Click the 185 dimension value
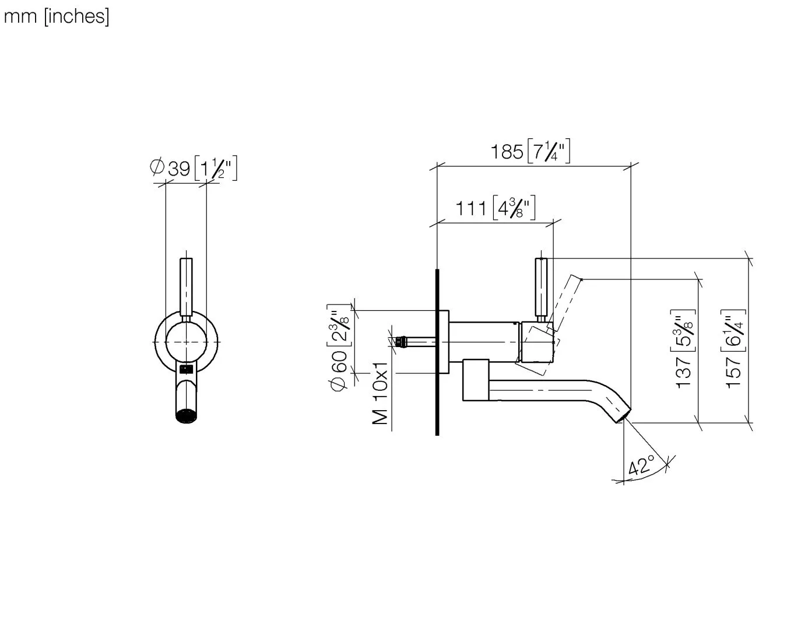tap(507, 152)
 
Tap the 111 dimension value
tap(470, 209)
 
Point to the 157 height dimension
tap(733, 372)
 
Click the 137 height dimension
tap(683, 372)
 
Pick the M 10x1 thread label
tap(380, 394)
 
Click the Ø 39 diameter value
tap(170, 168)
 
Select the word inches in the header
tap(76, 17)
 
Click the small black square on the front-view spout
tap(186, 369)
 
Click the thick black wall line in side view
tap(437, 352)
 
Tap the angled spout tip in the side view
tap(624, 415)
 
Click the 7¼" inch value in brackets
tap(549, 151)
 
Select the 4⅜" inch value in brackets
tap(514, 208)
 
